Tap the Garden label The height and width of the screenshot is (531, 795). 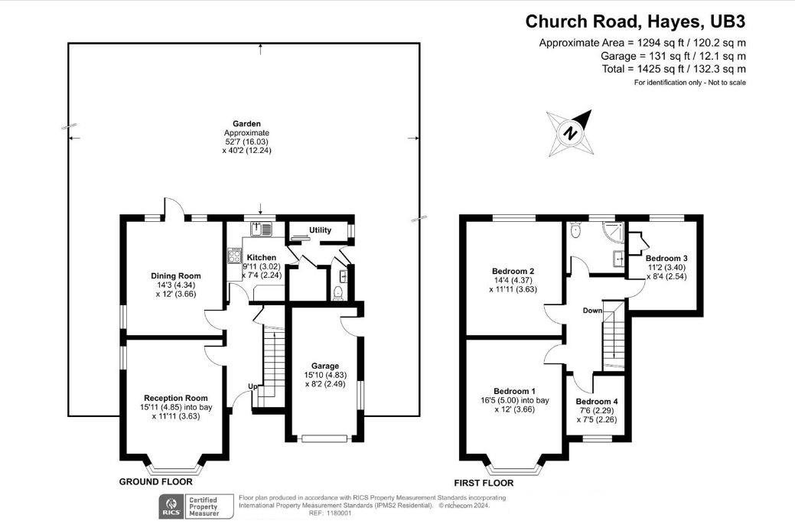point(247,123)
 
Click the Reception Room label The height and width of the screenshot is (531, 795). point(175,397)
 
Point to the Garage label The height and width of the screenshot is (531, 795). point(325,366)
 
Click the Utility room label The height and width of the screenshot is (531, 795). point(320,230)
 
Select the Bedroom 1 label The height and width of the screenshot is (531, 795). point(514,391)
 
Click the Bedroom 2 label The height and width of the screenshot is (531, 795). point(513,272)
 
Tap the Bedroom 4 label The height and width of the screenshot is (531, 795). point(597,402)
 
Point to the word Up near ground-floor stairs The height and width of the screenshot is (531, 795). point(252,386)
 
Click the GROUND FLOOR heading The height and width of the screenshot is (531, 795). point(155,482)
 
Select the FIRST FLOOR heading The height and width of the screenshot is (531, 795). point(484,483)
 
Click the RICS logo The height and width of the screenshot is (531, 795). point(171,506)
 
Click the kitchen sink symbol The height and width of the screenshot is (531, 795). point(262,228)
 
